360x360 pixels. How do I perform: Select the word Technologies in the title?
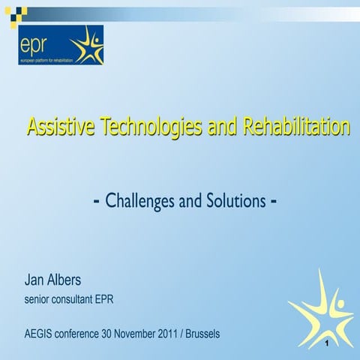click(x=145, y=128)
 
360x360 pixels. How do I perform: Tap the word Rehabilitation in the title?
click(x=295, y=127)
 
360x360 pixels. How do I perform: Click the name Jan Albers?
click(x=54, y=282)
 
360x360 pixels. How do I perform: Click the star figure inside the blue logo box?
click(x=88, y=46)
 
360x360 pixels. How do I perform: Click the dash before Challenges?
click(x=97, y=202)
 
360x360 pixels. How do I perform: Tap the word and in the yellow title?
click(x=222, y=128)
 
